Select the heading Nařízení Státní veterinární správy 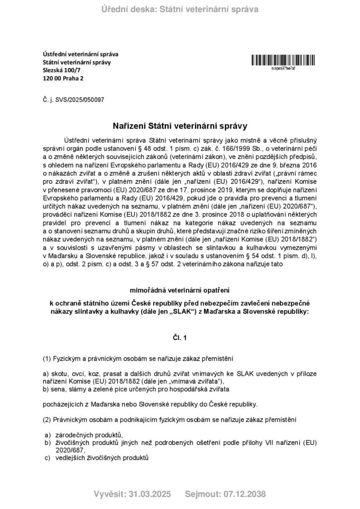(180, 120)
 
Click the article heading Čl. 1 (180, 338)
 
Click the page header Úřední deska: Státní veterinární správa (180, 8)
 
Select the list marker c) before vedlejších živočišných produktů (48, 457)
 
